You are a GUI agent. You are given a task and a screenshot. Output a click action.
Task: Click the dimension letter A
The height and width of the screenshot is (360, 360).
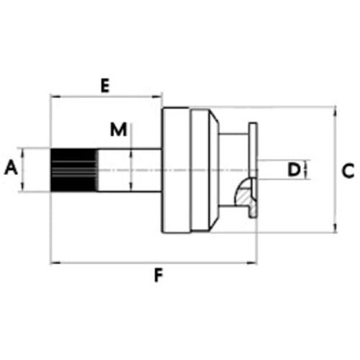pos(12,168)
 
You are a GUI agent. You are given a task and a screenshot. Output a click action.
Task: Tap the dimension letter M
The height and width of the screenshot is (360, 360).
pos(118,130)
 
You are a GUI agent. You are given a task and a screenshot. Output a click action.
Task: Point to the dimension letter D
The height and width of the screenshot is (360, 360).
pos(294,169)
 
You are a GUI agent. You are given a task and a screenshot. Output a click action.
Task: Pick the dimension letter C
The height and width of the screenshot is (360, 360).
pos(348,171)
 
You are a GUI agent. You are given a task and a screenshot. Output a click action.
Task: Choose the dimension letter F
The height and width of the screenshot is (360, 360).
pos(158,275)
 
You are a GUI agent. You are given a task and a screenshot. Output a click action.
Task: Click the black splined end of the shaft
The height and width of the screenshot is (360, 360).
pos(74,170)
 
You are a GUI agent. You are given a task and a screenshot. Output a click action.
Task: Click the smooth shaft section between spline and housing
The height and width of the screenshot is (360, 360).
pos(130,170)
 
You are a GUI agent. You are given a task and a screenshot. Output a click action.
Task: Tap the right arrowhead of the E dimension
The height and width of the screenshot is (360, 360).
pos(158,96)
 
